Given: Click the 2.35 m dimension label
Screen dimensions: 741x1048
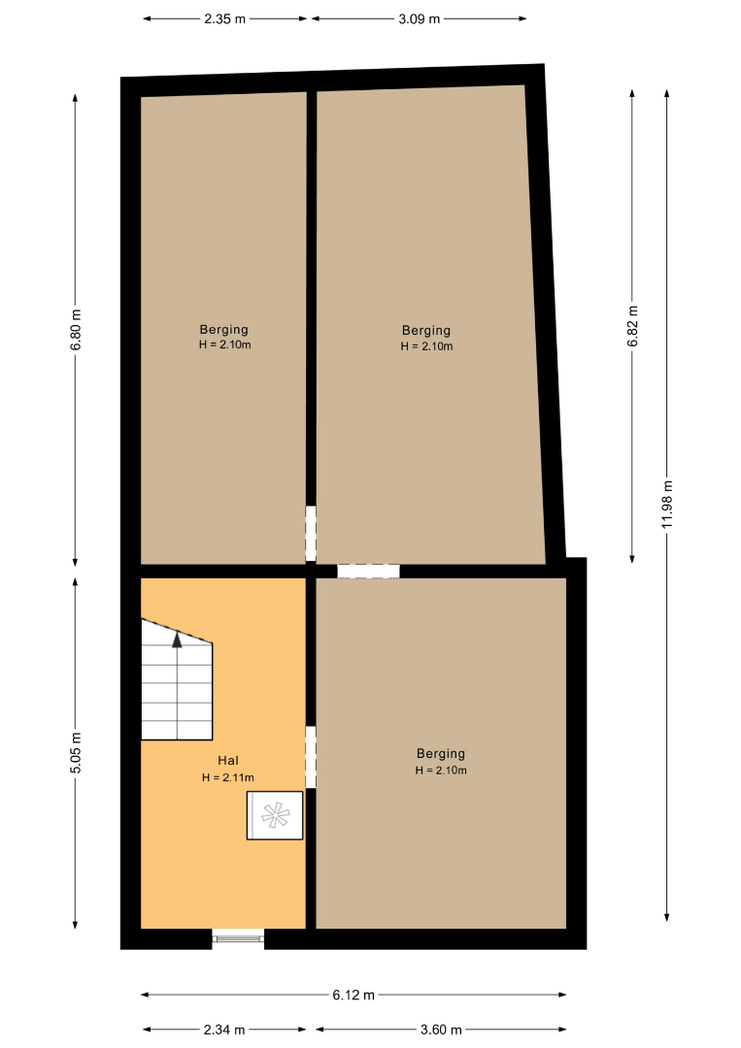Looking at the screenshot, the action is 224,18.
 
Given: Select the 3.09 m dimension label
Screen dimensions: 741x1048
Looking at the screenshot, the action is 420,18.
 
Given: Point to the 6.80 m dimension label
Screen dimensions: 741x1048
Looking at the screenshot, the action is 77,330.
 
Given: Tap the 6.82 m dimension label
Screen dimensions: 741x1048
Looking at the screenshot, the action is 632,326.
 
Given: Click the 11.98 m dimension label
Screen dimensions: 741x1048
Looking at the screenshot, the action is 667,505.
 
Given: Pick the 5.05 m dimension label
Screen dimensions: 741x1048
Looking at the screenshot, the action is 77,753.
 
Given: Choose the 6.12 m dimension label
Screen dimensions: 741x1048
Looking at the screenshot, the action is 354,996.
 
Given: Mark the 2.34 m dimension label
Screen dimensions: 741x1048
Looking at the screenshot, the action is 224,1030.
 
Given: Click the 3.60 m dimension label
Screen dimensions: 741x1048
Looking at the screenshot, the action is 441,1030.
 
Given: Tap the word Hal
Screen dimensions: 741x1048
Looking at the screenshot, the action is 228,761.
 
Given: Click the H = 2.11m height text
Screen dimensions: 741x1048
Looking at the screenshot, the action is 228,778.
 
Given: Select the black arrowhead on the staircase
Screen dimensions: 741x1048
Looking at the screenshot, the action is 177,640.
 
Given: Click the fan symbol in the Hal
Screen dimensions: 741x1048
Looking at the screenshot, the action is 275,815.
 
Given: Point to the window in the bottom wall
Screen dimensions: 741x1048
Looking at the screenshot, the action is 238,938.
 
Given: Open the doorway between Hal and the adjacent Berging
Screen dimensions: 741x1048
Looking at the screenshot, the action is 311,757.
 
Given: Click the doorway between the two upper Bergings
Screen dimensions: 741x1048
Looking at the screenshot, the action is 311,534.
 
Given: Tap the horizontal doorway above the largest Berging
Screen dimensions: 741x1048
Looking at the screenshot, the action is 368,572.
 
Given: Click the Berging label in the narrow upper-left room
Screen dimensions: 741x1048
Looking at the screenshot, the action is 224,330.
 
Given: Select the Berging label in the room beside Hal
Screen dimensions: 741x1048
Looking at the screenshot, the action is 441,754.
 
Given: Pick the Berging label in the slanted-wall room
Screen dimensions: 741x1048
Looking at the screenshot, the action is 426,330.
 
